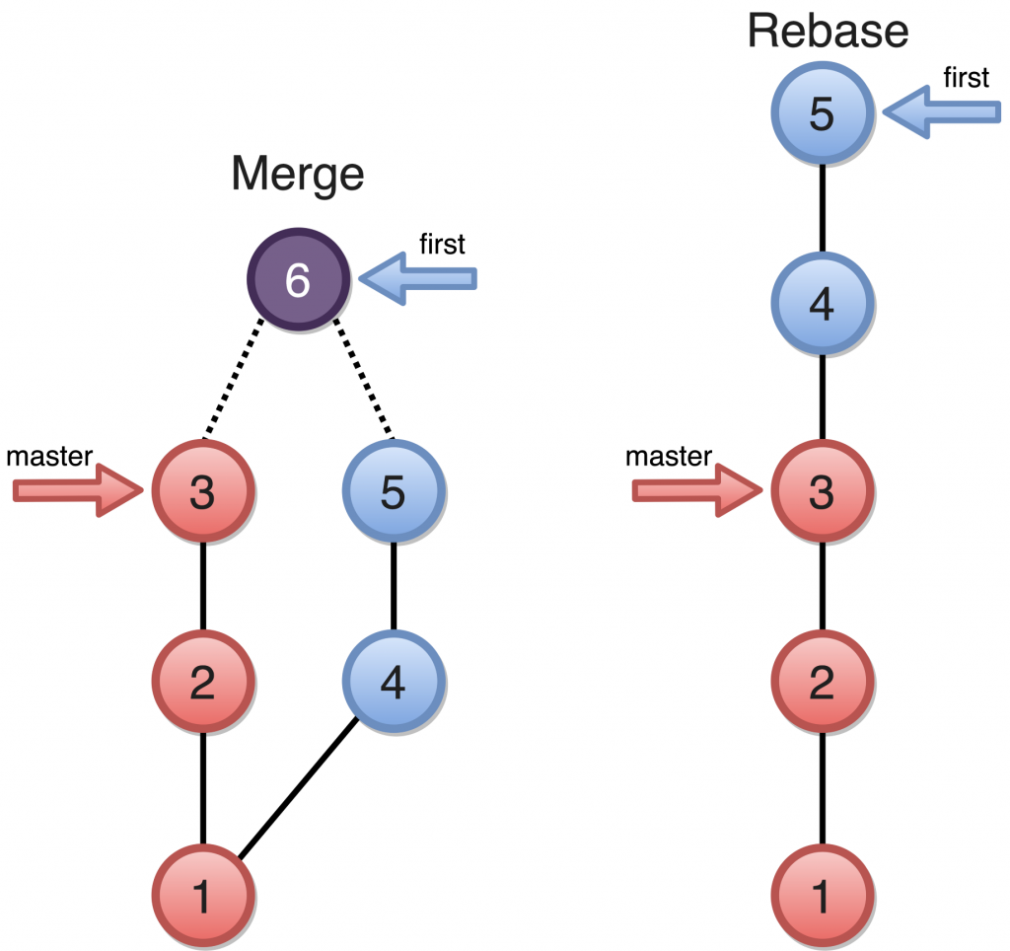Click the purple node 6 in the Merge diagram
pos(298,280)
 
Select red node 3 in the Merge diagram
pos(203,491)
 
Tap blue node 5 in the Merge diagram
pos(394,491)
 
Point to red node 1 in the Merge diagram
pos(203,896)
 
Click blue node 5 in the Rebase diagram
pos(822,114)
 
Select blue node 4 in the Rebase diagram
pos(822,306)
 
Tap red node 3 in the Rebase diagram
pos(822,491)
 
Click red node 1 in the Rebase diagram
pos(822,896)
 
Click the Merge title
pos(297,176)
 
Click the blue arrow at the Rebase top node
pos(942,113)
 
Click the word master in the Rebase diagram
pos(669,456)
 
